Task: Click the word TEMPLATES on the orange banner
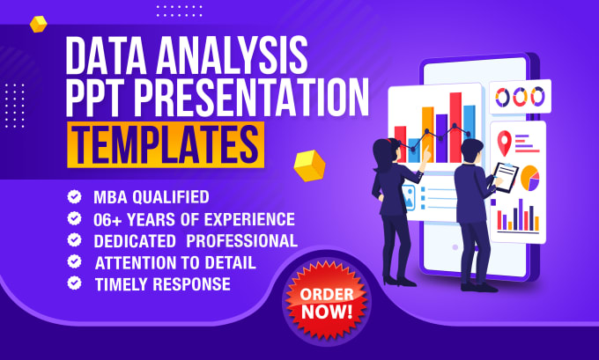pyautogui.click(x=165, y=145)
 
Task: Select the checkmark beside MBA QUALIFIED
pyautogui.click(x=75, y=197)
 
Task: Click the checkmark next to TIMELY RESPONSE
pyautogui.click(x=75, y=283)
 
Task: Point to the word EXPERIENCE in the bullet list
pyautogui.click(x=249, y=219)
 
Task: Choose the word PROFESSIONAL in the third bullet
pyautogui.click(x=242, y=241)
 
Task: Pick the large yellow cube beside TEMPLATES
pyautogui.click(x=309, y=165)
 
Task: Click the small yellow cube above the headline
pyautogui.click(x=38, y=24)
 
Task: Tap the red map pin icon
pyautogui.click(x=504, y=143)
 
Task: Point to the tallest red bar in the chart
pyautogui.click(x=455, y=128)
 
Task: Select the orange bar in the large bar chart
pyautogui.click(x=428, y=135)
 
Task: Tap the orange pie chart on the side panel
pyautogui.click(x=530, y=178)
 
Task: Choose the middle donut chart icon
pyautogui.click(x=520, y=97)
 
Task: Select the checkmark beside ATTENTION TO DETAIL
pyautogui.click(x=75, y=262)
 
